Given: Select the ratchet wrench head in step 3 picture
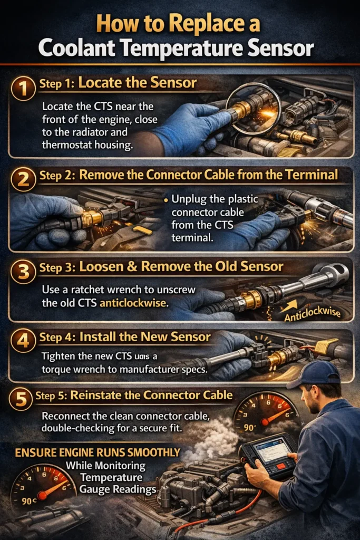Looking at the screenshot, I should pyautogui.click(x=333, y=274).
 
